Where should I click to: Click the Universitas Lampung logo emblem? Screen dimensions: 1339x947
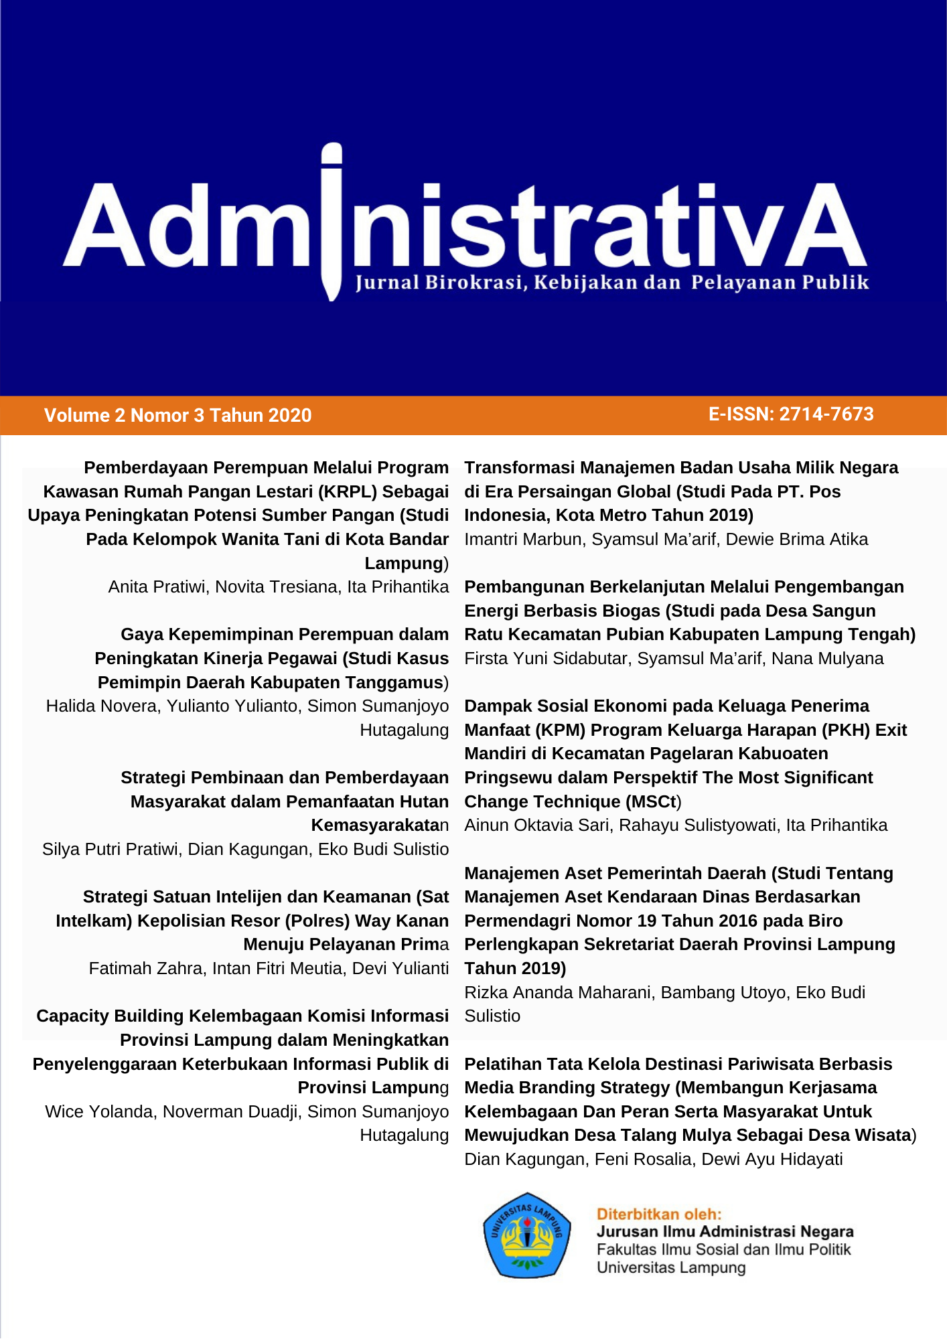pos(527,1235)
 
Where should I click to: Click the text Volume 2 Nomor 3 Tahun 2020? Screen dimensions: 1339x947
pos(177,415)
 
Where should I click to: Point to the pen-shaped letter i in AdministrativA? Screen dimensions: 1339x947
pos(332,221)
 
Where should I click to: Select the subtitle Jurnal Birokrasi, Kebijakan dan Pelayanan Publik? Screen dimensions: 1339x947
pos(611,283)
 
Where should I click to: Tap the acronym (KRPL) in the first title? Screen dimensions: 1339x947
pos(348,491)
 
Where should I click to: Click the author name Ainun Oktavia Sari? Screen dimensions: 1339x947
pos(537,825)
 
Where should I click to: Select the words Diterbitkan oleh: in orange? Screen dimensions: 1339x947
pos(659,1214)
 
